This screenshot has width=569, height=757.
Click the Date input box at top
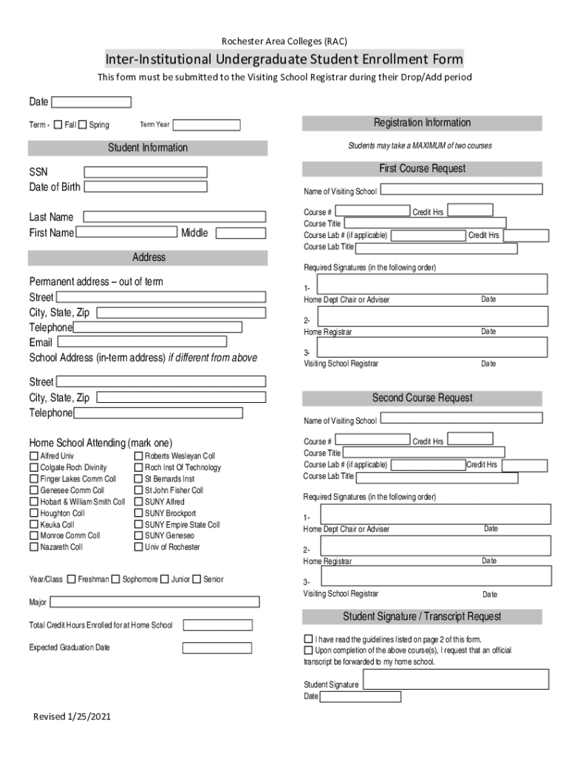tap(91, 102)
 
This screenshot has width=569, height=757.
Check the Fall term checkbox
tap(59, 125)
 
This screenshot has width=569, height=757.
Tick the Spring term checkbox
tap(83, 125)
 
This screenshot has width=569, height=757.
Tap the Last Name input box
tap(174, 217)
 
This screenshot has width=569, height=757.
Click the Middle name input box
tap(240, 233)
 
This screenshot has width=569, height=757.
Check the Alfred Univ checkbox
tap(34, 456)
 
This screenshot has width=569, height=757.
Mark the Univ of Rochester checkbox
tap(138, 547)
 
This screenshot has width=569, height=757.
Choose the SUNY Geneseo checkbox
tap(138, 535)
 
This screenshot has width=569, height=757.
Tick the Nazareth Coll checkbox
tap(34, 547)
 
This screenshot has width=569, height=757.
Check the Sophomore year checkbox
tap(115, 579)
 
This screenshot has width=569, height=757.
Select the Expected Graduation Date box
tap(217, 648)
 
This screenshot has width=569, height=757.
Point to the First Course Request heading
tap(422, 169)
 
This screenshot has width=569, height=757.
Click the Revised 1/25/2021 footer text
tap(72, 717)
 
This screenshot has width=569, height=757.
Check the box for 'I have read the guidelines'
tap(308, 639)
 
